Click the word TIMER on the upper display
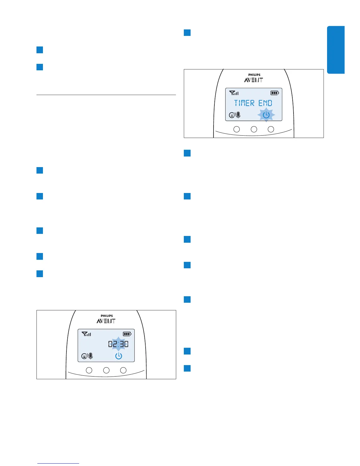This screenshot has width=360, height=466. [x=244, y=103]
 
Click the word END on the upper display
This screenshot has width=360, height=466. [x=265, y=103]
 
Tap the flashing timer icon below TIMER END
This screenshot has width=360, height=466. [x=266, y=115]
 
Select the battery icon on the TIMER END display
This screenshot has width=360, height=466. [x=275, y=93]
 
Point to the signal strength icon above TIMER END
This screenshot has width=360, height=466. [x=234, y=93]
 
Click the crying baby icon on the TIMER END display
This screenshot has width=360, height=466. [x=232, y=115]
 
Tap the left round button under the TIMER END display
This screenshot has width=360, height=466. [x=236, y=129]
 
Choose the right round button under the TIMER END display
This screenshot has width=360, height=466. [x=271, y=129]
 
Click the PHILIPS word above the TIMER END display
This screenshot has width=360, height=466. [x=254, y=75]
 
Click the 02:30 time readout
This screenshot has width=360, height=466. [x=118, y=344]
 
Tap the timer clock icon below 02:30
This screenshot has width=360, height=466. [x=119, y=356]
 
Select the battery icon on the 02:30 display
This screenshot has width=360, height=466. [x=127, y=334]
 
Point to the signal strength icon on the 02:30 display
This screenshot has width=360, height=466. [x=86, y=334]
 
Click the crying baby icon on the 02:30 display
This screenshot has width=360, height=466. [x=84, y=356]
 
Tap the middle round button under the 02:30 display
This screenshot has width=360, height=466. [x=106, y=370]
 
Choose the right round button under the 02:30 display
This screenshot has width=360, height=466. [x=123, y=370]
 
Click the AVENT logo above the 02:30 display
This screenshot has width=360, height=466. [x=106, y=321]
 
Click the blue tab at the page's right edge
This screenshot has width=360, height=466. [x=336, y=50]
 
